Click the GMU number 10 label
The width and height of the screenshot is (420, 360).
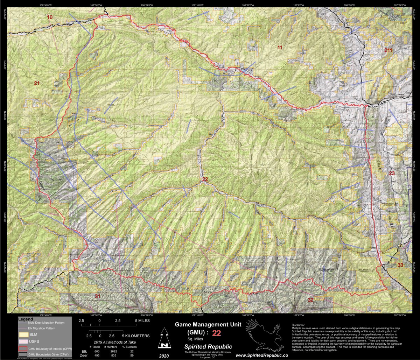click(50, 17)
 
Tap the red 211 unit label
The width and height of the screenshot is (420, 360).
click(388, 50)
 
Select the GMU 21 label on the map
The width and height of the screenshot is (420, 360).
click(37, 83)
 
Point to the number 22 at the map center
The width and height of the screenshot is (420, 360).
click(205, 179)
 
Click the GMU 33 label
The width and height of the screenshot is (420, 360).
click(400, 265)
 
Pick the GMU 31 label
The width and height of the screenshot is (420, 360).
click(98, 296)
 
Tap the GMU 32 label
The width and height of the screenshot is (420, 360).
click(310, 300)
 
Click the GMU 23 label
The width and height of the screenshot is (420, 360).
click(392, 173)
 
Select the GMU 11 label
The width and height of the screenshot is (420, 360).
click(280, 47)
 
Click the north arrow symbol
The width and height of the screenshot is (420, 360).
click(163, 339)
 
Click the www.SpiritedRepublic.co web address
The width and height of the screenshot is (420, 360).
click(262, 355)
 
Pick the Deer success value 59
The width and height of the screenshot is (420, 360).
click(132, 355)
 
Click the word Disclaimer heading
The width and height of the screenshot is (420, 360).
click(298, 325)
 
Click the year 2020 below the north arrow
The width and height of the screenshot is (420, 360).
click(163, 355)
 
